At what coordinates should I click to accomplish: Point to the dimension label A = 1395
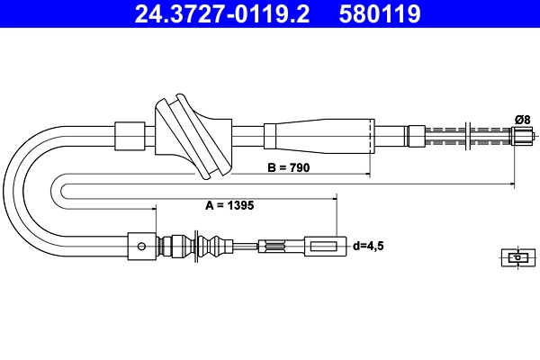coord(229,205)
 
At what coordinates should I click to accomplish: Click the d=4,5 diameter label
coord(369,245)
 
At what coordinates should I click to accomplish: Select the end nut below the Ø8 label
coord(522,136)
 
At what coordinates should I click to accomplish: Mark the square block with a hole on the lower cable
coord(140,243)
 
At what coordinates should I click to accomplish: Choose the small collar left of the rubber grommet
coord(131,136)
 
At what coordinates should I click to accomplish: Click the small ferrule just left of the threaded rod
coord(416,136)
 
